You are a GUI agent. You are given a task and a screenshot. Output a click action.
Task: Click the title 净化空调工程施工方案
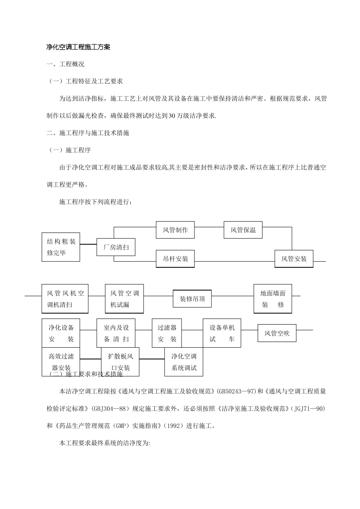click(x=78, y=47)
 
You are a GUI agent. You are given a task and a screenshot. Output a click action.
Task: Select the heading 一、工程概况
click(x=65, y=64)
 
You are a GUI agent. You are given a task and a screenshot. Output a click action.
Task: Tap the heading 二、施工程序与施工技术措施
click(x=88, y=133)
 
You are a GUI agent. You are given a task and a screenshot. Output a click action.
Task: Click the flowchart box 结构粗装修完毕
click(x=61, y=247)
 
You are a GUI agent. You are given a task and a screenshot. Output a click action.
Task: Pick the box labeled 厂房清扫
click(x=116, y=247)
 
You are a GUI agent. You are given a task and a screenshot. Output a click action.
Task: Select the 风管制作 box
click(x=175, y=230)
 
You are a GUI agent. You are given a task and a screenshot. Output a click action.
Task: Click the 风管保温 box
click(x=243, y=230)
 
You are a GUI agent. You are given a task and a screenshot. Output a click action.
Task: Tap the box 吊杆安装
click(x=175, y=259)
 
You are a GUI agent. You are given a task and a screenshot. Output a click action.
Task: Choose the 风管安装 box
click(x=294, y=259)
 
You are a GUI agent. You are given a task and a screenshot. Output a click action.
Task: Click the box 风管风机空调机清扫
click(x=65, y=299)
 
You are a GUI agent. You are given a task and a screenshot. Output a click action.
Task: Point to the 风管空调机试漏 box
click(x=124, y=299)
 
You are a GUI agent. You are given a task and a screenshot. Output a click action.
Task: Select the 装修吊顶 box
click(x=192, y=299)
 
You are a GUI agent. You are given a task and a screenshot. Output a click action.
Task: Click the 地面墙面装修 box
click(x=273, y=299)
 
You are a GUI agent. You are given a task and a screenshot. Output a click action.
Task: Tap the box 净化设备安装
click(x=61, y=333)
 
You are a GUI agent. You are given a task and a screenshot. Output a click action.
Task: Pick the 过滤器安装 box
click(x=167, y=333)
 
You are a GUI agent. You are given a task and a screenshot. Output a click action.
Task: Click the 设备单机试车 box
click(x=222, y=333)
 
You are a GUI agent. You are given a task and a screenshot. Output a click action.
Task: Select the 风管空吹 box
click(x=277, y=333)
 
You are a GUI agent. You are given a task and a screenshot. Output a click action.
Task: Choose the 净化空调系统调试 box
click(x=184, y=362)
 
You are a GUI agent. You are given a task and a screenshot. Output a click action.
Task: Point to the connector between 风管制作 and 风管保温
click(x=209, y=227)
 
